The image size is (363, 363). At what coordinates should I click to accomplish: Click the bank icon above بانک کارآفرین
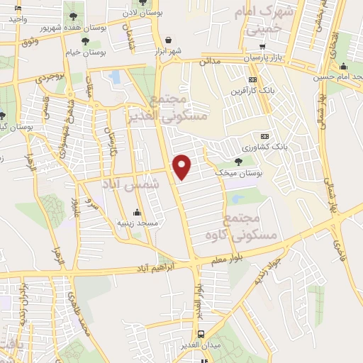[252, 80]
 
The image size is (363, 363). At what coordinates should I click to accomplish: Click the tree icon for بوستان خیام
[85, 43]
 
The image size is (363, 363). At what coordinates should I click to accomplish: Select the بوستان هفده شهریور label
[87, 27]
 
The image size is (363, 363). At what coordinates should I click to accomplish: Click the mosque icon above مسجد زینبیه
[136, 212]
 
